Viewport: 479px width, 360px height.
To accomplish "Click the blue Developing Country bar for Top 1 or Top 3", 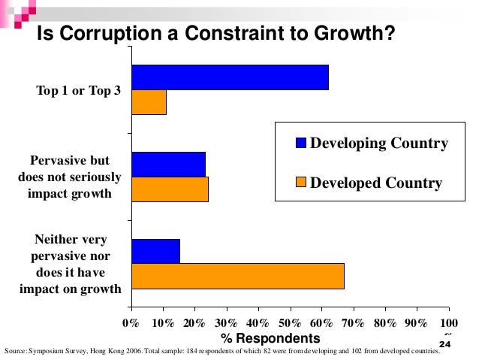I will point(230,77).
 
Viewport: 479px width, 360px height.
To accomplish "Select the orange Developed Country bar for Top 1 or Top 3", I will point(149,102).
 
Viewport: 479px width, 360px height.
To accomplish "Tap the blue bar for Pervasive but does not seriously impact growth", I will point(168,164).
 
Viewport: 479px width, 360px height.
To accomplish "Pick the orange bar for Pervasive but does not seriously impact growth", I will point(170,189).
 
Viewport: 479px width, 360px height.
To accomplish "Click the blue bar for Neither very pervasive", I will point(155,252).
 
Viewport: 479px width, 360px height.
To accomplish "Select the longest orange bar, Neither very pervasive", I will point(237,277).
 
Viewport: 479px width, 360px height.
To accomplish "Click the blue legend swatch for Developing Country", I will point(301,144).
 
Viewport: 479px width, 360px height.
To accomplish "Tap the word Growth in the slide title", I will point(351,35).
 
